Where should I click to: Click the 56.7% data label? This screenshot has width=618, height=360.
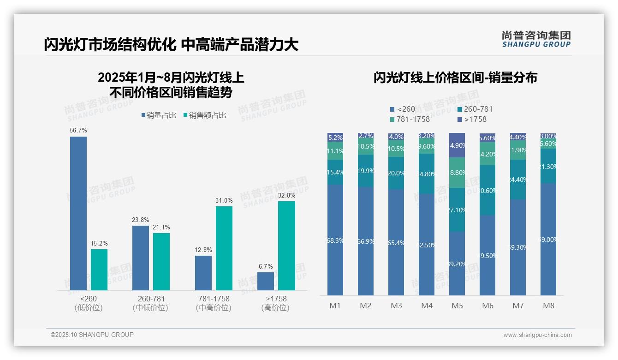pos(78,131)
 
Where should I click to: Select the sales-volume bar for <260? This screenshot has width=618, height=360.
pos(78,213)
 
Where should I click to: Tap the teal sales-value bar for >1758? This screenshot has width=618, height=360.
pos(286,246)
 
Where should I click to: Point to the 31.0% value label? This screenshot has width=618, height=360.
pos(224,201)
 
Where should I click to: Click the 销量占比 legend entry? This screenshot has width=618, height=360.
pos(159,115)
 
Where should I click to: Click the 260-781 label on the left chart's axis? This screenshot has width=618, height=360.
pos(151,299)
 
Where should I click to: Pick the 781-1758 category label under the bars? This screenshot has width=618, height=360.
pos(213,299)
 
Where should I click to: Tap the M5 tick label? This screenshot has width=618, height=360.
pos(457,306)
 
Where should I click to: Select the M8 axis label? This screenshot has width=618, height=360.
pos(548,306)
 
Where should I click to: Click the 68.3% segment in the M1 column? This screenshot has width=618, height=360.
pos(335,240)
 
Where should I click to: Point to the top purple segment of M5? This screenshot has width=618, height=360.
pos(457,145)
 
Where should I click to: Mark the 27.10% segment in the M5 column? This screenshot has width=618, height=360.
pos(457,210)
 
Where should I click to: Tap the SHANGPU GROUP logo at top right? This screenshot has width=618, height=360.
pos(536,39)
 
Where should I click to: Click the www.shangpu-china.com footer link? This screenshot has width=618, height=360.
pos(537,335)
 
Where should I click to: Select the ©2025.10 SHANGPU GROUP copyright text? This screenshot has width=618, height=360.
pos(92,335)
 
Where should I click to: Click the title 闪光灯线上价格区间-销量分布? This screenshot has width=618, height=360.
pos(455,78)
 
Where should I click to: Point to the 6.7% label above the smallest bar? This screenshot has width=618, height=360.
pos(266,266)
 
